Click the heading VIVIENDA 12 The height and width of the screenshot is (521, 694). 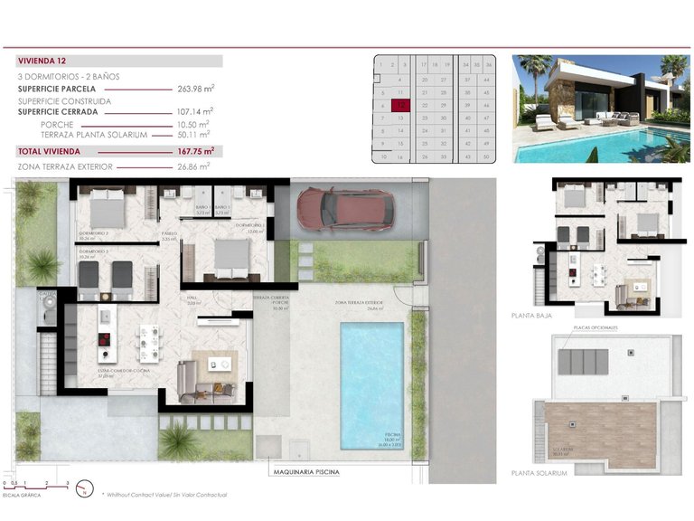click(42, 61)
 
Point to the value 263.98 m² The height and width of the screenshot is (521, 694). click(195, 89)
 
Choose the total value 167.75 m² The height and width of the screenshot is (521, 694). click(195, 151)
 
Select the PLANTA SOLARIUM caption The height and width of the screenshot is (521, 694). click(539, 472)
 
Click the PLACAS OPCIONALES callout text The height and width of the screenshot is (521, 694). click(589, 328)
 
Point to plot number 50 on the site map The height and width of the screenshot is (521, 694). click(488, 156)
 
